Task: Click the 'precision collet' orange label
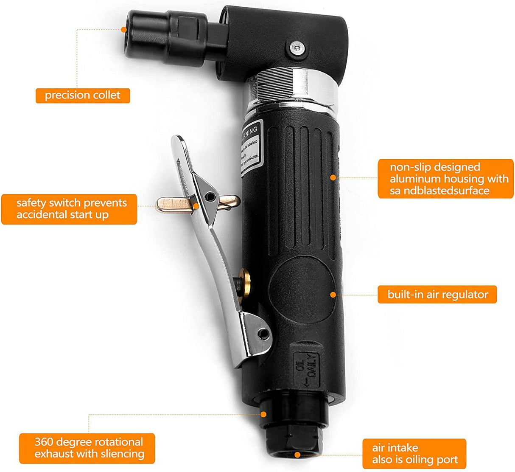click(83, 95)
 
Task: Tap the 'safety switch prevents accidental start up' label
click(69, 209)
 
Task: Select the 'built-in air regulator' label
click(437, 295)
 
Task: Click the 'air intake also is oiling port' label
click(414, 454)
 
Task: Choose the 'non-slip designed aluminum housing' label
click(445, 179)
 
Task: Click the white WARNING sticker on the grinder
click(250, 149)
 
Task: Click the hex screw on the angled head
click(296, 48)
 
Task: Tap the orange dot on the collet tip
click(124, 30)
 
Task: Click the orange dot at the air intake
click(297, 455)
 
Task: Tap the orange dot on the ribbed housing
click(333, 177)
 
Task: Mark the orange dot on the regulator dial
click(333, 295)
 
